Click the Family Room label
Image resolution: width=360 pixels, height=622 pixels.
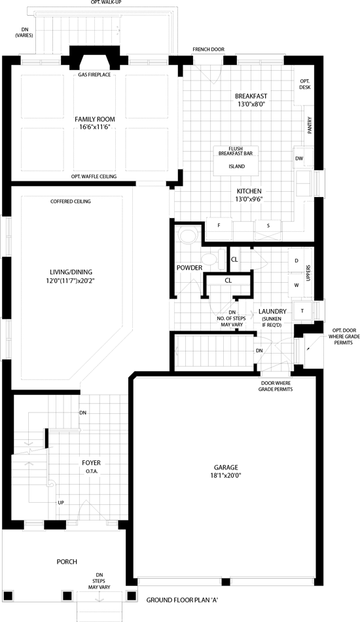(95, 119)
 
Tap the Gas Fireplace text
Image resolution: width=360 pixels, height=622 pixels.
(94, 75)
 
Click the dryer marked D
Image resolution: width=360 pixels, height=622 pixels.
(296, 261)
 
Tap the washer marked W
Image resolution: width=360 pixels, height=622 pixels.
(296, 285)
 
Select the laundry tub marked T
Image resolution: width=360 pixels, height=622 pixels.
(302, 310)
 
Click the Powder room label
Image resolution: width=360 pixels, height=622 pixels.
(190, 268)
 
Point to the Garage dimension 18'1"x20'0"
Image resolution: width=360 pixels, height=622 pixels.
(226, 475)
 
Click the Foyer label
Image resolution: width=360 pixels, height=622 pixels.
(91, 463)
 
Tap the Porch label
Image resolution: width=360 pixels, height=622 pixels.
(67, 562)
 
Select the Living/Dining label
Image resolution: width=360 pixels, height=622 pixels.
(71, 272)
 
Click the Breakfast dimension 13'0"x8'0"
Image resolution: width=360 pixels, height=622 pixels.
(251, 104)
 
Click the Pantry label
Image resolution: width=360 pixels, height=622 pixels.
(310, 124)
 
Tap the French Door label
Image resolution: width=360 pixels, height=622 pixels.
(209, 49)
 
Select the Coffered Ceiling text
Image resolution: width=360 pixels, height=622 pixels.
(71, 202)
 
